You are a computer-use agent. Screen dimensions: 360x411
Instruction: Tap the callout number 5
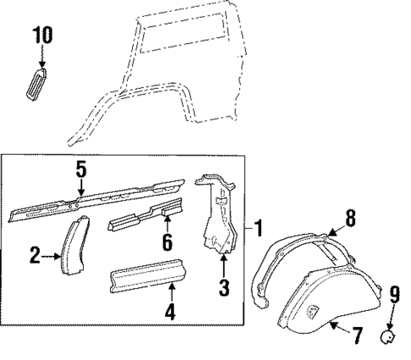(x=81, y=169)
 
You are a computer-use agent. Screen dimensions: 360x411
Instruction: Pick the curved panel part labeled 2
(x=71, y=246)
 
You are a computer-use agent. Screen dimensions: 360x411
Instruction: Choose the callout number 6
(x=167, y=243)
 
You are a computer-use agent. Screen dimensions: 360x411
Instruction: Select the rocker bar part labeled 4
(x=148, y=280)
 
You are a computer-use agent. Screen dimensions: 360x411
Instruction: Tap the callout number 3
(x=224, y=288)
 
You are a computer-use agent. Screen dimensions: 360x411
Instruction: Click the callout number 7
(x=358, y=335)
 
